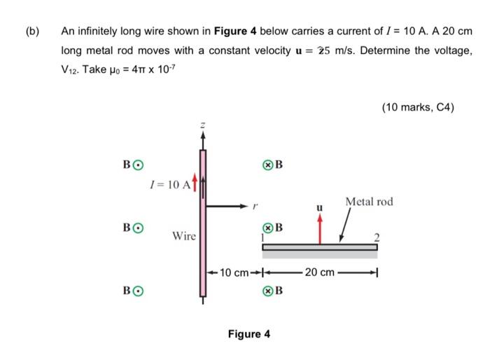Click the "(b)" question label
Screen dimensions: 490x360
(32, 31)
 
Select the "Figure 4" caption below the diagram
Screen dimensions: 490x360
(248, 334)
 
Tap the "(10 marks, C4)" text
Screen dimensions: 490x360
(418, 107)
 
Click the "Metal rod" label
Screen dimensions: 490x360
(369, 202)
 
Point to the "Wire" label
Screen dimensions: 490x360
(184, 237)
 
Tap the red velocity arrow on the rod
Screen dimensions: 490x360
(320, 229)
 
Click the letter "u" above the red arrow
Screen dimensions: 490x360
(320, 208)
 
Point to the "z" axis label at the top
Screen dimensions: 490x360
(203, 124)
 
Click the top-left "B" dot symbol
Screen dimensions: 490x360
(139, 165)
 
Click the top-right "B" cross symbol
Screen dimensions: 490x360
(267, 165)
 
